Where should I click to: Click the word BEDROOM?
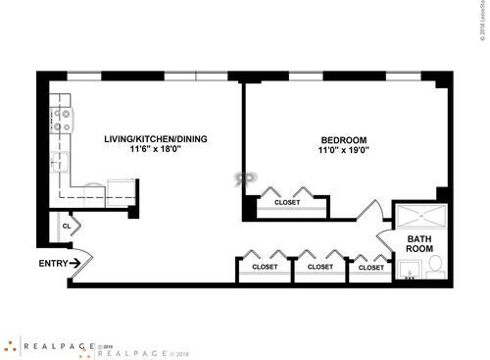[343, 140]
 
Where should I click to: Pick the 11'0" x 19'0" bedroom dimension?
[343, 151]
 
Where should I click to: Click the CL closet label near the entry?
[67, 226]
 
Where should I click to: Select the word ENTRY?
[53, 263]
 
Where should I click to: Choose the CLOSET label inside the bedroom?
[287, 202]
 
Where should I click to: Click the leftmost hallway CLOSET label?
[265, 266]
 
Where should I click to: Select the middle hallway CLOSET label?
[320, 266]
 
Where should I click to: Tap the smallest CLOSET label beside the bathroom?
[371, 266]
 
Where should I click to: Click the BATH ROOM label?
[419, 243]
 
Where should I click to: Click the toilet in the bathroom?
[437, 266]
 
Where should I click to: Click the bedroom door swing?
[370, 211]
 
